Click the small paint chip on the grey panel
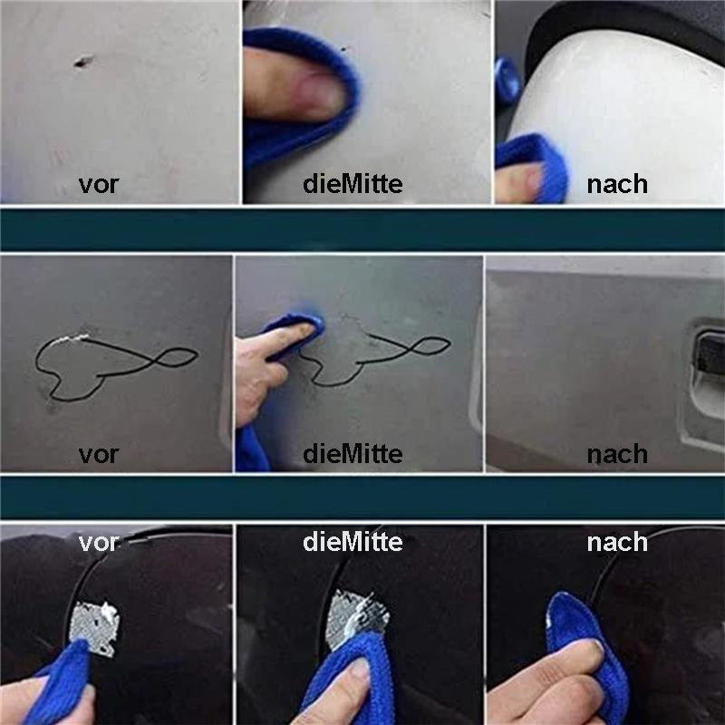pos(82,63)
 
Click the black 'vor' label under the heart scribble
pos(99,452)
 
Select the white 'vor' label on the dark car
pos(99,542)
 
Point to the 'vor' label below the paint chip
pos(99,185)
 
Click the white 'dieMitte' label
pos(353,542)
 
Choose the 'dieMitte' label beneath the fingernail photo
pos(353,185)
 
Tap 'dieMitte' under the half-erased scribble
pos(353,452)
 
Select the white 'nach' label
pos(617,542)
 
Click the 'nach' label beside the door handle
pos(617,452)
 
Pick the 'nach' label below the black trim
pos(617,185)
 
